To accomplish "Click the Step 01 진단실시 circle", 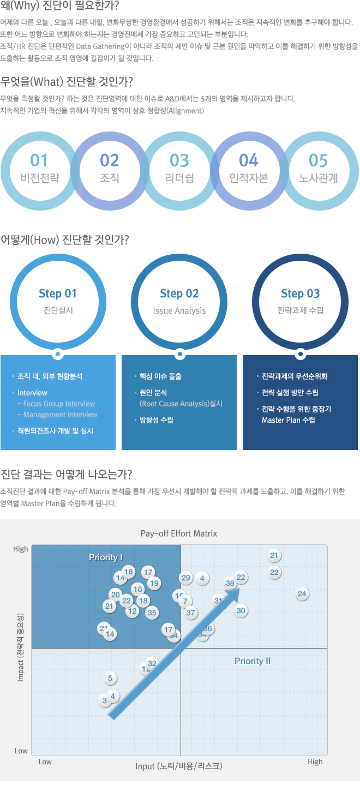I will (58, 302).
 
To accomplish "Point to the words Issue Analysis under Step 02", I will (179, 311).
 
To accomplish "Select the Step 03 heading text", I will (300, 293).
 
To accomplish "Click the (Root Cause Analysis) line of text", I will (181, 404).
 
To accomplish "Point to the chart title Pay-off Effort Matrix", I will (179, 534).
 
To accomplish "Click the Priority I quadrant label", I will (106, 557).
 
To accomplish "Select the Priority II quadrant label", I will (253, 661).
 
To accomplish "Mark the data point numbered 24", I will (302, 594).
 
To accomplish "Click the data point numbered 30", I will (241, 610).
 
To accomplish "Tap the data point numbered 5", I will (110, 679).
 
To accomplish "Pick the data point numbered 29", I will (186, 578).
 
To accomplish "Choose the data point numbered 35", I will (152, 613).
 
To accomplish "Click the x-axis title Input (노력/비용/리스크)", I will (179, 766).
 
